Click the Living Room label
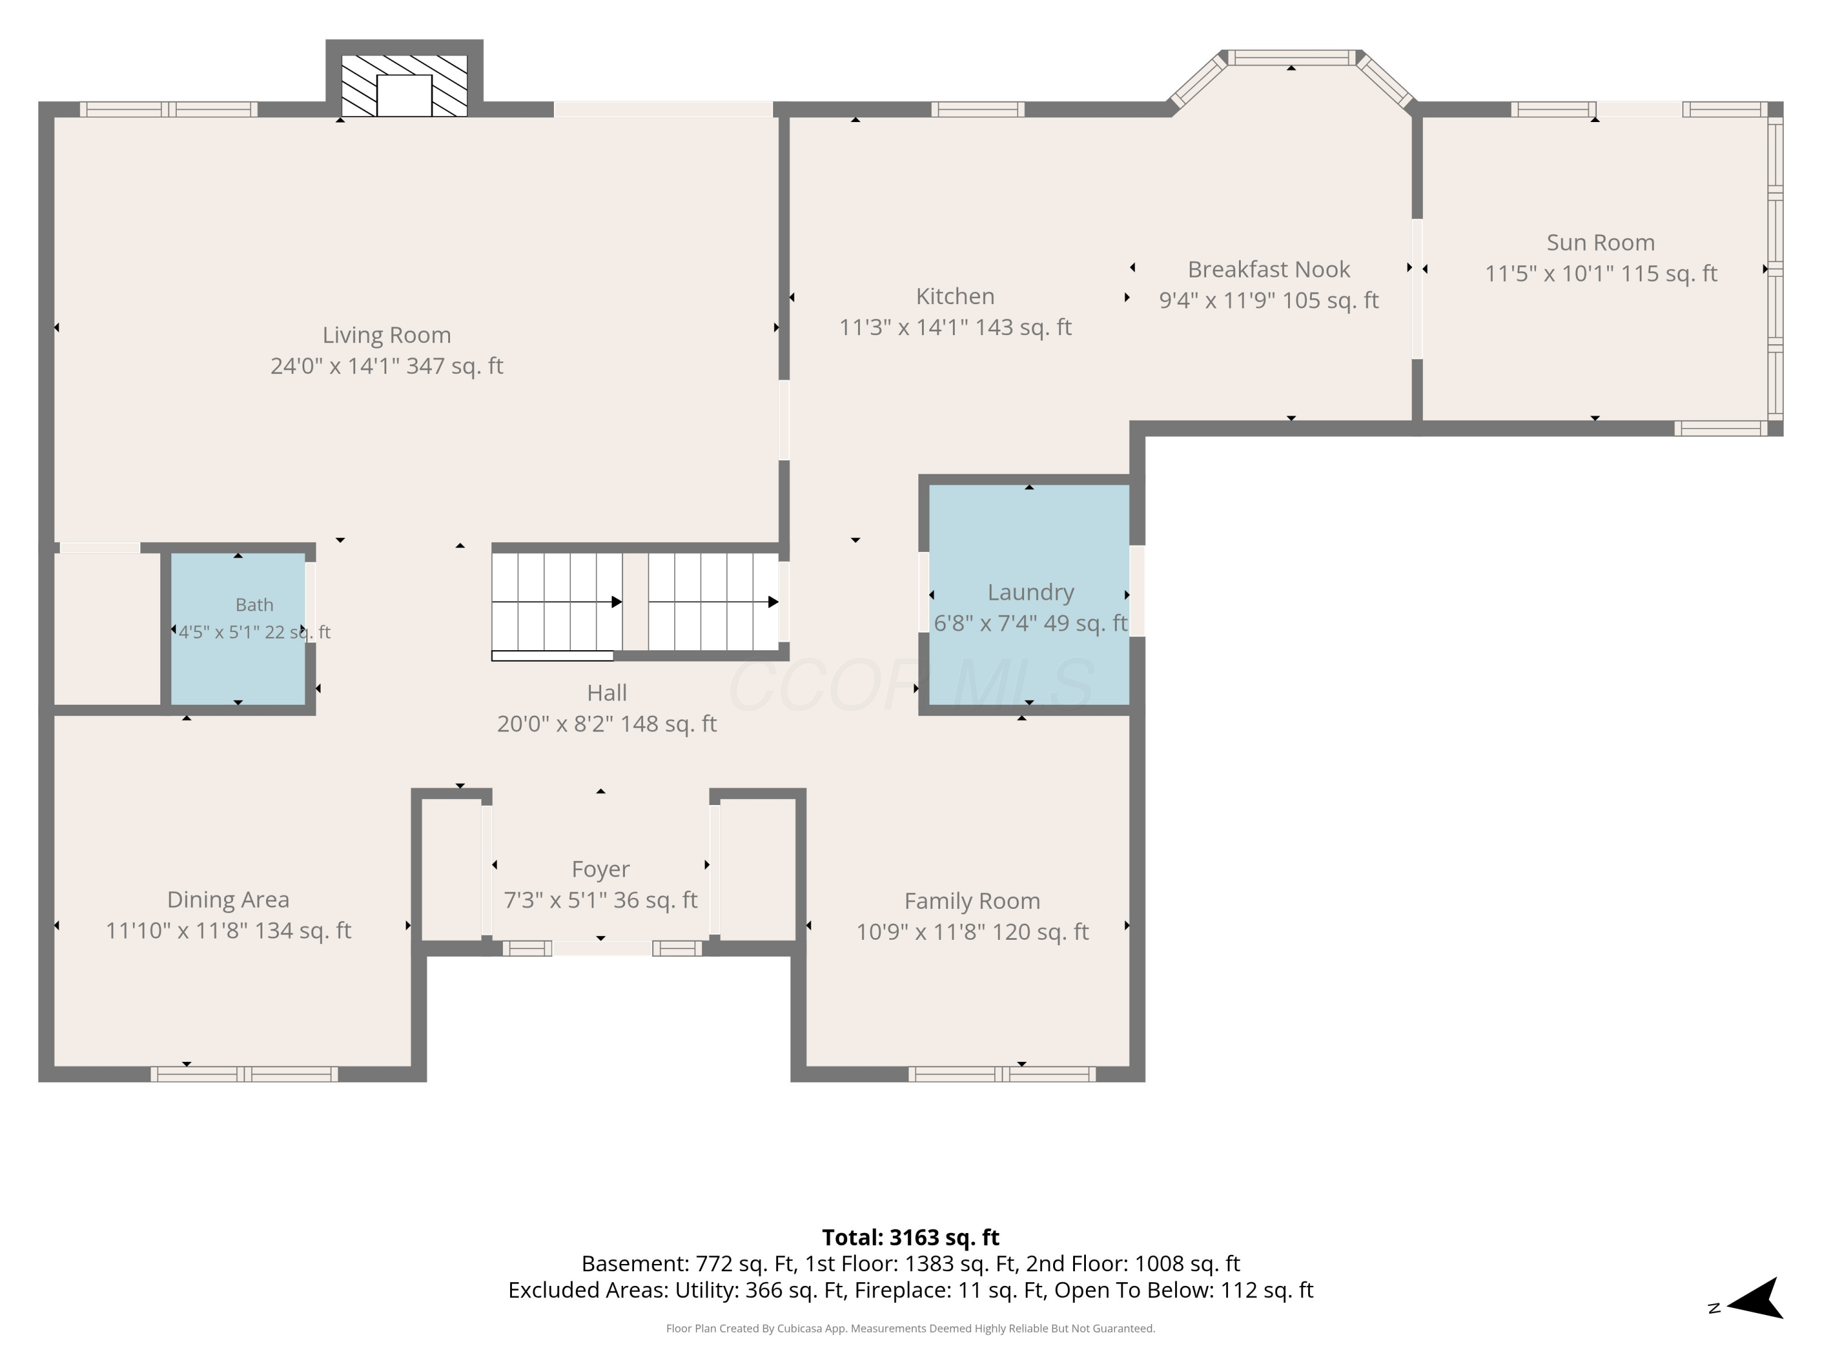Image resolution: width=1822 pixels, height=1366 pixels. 386,335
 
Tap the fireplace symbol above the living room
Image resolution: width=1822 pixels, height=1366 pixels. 404,86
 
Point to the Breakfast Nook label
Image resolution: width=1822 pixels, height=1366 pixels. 1269,269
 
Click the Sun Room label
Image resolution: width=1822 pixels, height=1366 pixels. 1600,242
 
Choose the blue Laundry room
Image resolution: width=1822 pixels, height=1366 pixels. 1029,594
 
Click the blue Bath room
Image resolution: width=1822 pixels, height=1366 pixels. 238,629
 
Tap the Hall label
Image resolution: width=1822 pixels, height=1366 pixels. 607,693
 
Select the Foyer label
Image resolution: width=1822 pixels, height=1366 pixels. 601,869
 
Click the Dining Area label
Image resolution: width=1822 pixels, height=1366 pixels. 228,899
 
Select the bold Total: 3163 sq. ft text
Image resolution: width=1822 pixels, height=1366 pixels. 910,1237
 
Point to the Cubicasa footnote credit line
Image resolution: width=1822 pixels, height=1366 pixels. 910,1328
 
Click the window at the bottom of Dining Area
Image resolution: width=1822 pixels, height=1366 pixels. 244,1074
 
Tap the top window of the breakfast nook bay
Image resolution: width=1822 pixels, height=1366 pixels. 1292,58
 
